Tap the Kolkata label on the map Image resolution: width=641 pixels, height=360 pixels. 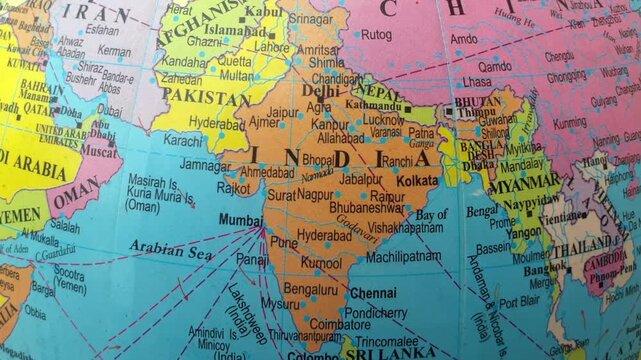coord(417,181)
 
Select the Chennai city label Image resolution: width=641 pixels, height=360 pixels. coord(373,293)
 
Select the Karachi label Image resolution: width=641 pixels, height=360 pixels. coord(183,141)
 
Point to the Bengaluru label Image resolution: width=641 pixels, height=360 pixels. coord(310,288)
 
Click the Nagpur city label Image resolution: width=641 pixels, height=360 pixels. coord(315,194)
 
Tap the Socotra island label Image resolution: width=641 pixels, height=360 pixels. coord(69,271)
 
